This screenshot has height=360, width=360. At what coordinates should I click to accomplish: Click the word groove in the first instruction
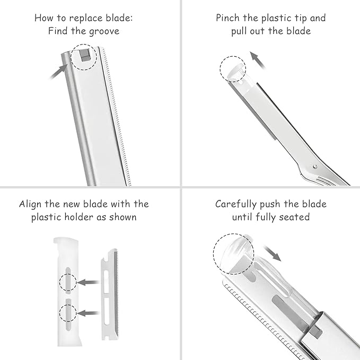(x=104, y=31)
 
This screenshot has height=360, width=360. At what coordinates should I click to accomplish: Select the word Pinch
(x=229, y=18)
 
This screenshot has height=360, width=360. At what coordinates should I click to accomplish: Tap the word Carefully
(x=239, y=204)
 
